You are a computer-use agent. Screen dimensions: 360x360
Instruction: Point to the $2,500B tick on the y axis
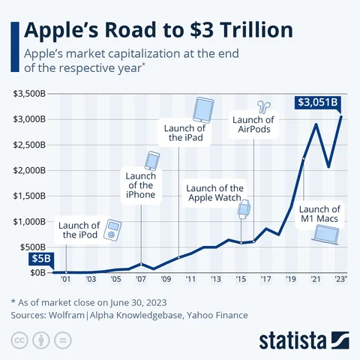tap(30, 145)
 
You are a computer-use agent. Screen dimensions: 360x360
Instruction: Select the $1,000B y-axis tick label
tap(30, 221)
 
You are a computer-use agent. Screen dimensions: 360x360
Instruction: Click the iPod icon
tap(112, 229)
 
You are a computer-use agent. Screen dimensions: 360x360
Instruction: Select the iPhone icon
tap(152, 160)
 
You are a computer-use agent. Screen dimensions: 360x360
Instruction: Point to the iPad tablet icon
tap(204, 109)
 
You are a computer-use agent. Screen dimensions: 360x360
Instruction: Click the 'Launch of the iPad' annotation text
tap(182, 133)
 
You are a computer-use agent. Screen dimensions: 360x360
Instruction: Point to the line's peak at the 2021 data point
tap(316, 124)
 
